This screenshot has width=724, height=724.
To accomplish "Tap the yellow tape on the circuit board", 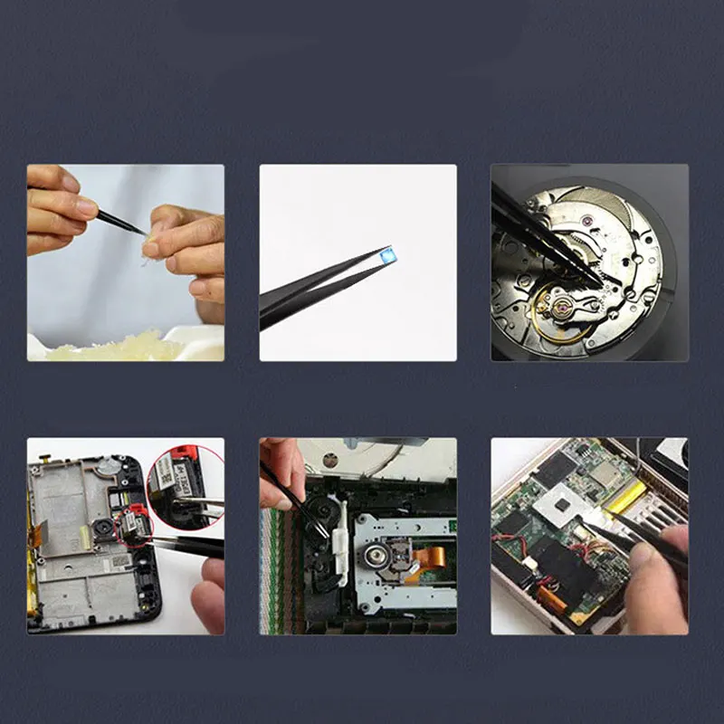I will click(624, 496).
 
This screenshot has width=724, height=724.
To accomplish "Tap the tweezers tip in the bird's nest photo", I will click(142, 233).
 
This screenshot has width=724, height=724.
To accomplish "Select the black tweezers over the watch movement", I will click(534, 231).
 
